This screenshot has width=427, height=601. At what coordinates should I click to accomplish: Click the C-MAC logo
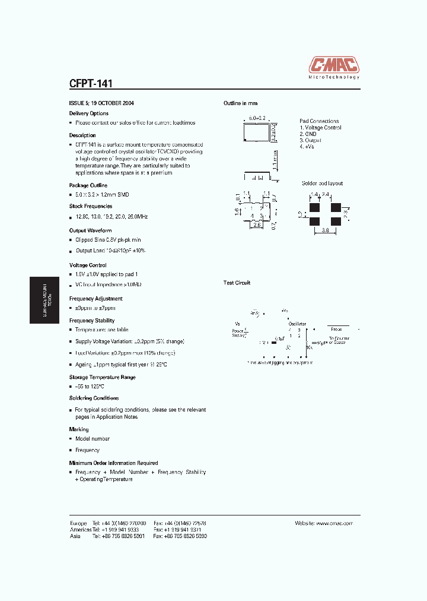pyautogui.click(x=334, y=66)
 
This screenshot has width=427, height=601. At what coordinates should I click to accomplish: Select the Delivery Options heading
pyautogui.click(x=89, y=113)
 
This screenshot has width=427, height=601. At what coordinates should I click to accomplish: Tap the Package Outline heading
pyautogui.click(x=88, y=185)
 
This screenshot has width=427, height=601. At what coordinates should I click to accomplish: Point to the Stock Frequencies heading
pyautogui.click(x=91, y=206)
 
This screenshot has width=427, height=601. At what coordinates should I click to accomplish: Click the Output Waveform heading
pyautogui.click(x=90, y=230)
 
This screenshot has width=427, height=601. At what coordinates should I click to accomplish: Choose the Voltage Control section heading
pyautogui.click(x=88, y=265)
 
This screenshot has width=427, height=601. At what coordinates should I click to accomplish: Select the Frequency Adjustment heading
pyautogui.click(x=96, y=299)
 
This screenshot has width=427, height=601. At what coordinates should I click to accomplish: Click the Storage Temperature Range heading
pyautogui.click(x=103, y=377)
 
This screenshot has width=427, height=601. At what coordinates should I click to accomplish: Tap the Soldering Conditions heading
pyautogui.click(x=94, y=398)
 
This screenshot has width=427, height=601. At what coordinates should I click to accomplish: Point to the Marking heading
pyautogui.click(x=79, y=429)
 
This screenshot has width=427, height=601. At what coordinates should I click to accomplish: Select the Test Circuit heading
pyautogui.click(x=237, y=283)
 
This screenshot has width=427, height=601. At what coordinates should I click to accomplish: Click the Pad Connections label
pyautogui.click(x=319, y=121)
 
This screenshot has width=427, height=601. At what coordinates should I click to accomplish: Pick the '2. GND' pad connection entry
pyautogui.click(x=308, y=134)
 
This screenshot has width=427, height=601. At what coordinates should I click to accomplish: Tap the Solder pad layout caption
pyautogui.click(x=322, y=184)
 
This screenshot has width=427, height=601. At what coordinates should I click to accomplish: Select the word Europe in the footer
pyautogui.click(x=78, y=523)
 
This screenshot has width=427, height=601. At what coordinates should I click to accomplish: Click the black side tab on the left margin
pyautogui.click(x=44, y=299)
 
